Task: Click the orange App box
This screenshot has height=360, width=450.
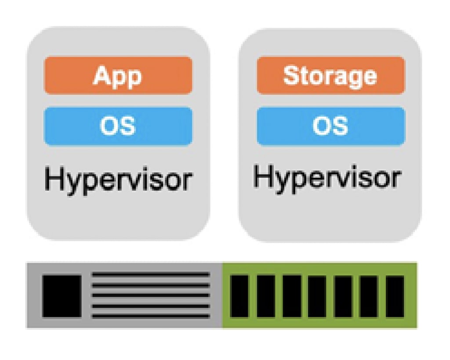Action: [x=118, y=75]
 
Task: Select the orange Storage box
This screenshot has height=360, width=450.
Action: [x=330, y=75]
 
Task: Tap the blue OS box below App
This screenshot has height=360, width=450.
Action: [x=118, y=126]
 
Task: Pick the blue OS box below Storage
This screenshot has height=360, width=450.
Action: [x=330, y=126]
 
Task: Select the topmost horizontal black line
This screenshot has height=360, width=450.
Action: [x=150, y=275]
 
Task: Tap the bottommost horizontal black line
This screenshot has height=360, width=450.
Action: [x=150, y=316]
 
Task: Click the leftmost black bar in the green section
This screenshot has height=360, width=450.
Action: [x=240, y=296]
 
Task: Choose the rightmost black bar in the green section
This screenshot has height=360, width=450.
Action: [x=395, y=296]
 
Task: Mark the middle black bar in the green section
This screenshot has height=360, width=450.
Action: [x=317, y=296]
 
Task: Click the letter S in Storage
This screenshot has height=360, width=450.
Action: [x=290, y=75]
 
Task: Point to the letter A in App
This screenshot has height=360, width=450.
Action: [x=102, y=75]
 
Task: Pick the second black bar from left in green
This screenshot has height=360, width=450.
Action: [x=265, y=296]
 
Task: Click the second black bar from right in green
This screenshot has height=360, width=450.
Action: [x=369, y=296]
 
